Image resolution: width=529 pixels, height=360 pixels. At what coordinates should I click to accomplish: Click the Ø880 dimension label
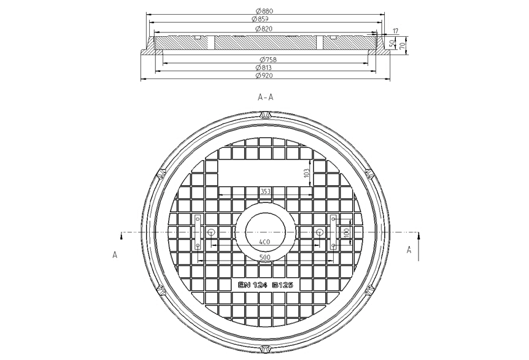pyautogui.click(x=264, y=11)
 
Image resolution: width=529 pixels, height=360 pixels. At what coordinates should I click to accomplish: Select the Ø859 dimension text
pyautogui.click(x=264, y=19)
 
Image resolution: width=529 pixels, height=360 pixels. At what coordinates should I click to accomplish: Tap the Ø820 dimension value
pyautogui.click(x=264, y=29)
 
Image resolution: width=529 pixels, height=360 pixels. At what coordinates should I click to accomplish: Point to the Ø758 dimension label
pyautogui.click(x=264, y=59)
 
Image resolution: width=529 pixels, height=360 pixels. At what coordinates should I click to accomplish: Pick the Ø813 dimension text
pyautogui.click(x=264, y=67)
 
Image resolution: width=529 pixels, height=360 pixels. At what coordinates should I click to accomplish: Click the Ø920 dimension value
pyautogui.click(x=264, y=76)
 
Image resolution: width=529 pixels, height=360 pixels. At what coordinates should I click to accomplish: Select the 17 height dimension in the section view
pyautogui.click(x=395, y=30)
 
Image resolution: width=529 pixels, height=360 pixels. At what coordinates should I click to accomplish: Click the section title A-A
pyautogui.click(x=265, y=97)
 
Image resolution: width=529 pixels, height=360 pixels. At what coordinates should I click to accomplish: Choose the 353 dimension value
pyautogui.click(x=265, y=192)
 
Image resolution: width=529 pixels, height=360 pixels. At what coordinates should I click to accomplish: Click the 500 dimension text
pyautogui.click(x=265, y=258)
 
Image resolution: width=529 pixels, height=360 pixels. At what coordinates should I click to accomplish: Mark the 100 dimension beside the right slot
pyautogui.click(x=346, y=234)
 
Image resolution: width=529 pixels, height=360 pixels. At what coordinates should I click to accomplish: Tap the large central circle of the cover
pyautogui.click(x=265, y=233)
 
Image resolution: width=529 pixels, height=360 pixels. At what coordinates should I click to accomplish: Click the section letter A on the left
pyautogui.click(x=115, y=255)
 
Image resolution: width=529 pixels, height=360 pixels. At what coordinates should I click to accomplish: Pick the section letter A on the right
pyautogui.click(x=409, y=249)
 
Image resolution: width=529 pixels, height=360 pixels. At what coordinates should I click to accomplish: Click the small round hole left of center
pyautogui.click(x=211, y=232)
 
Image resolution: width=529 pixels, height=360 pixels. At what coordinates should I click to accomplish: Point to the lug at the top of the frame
pyautogui.click(x=265, y=115)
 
